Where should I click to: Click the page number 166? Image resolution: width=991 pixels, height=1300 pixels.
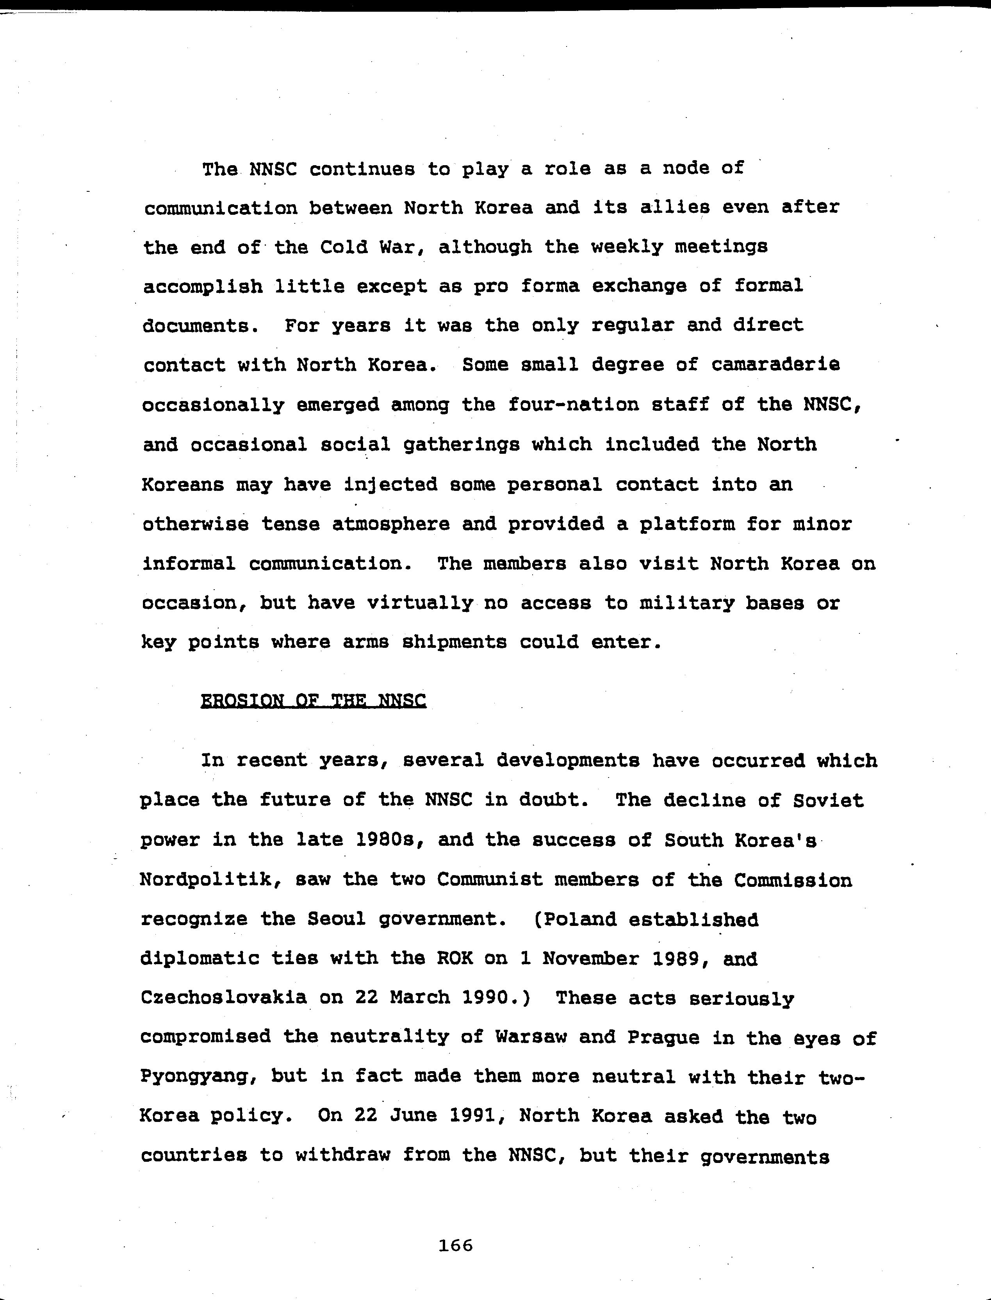[456, 1246]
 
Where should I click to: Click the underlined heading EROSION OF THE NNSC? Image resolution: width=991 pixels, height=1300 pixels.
[313, 701]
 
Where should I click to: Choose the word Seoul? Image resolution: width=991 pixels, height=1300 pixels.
[336, 920]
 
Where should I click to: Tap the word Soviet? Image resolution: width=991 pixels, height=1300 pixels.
[828, 801]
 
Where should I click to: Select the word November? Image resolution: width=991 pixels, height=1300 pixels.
[590, 959]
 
